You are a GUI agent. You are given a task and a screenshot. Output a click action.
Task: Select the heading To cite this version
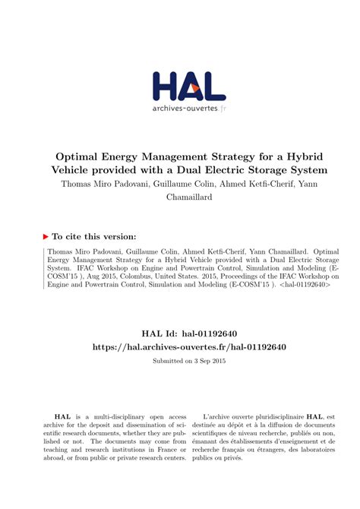(94, 236)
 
